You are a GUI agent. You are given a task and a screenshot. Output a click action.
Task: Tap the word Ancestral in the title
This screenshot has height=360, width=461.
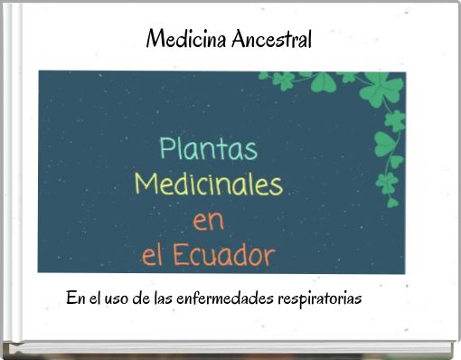point(271,40)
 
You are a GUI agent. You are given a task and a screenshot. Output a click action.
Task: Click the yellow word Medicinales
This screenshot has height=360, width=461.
point(208,185)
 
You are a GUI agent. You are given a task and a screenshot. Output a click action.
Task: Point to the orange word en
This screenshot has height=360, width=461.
point(208,220)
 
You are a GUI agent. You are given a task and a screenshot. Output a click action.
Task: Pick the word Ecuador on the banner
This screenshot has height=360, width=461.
point(221,254)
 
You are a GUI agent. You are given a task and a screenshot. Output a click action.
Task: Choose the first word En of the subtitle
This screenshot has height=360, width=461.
point(75,298)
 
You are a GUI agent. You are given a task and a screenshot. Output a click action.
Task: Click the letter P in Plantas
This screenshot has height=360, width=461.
point(166,148)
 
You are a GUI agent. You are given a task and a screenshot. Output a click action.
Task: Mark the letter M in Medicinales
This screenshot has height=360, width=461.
point(146,185)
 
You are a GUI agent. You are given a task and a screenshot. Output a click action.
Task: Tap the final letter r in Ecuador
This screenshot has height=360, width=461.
point(268,256)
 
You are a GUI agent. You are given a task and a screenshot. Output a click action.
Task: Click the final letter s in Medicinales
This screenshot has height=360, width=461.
point(276,185)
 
